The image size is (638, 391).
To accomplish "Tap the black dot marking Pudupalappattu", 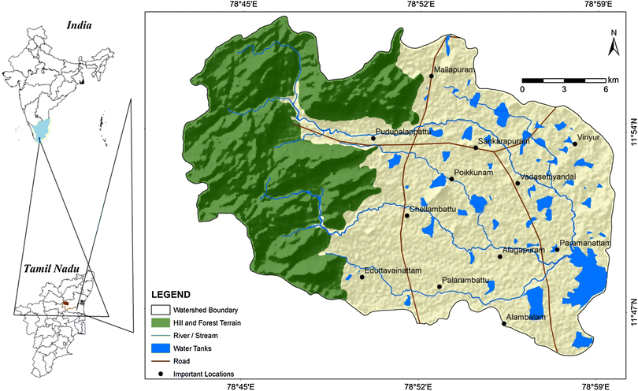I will click(373, 139).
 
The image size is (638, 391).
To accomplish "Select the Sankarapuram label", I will click(504, 140).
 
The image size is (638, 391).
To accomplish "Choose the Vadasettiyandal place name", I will click(548, 177).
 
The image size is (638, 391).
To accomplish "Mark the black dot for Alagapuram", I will click(500, 256).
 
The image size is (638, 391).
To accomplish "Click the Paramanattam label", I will click(585, 243).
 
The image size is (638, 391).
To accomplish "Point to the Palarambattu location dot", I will click(439, 287).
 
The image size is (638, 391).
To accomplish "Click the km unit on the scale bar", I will click(613, 80).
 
